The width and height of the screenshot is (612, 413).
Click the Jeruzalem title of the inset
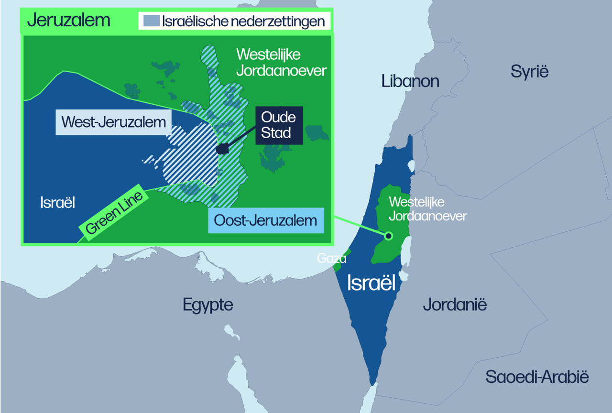[69, 21]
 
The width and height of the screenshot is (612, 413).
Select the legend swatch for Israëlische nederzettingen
[151, 21]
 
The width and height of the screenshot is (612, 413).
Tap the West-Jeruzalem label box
[113, 122]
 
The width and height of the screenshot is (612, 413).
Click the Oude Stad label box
[279, 125]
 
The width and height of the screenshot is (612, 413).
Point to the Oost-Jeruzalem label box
[266, 220]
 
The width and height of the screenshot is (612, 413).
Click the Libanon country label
[410, 81]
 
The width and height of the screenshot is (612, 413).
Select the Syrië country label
[529, 71]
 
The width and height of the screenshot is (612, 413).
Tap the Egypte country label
[208, 304]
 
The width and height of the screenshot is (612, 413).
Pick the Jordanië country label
[455, 304]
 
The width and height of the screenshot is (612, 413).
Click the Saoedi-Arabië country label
[537, 377]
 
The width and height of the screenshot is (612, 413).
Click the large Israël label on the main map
[372, 283]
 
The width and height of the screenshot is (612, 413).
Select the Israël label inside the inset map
[58, 203]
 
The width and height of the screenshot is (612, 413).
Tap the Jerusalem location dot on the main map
[388, 235]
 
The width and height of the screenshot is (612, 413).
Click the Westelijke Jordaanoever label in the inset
[282, 63]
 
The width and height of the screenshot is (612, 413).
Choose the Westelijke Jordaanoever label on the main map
[427, 209]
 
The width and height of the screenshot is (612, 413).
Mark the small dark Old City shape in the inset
[222, 149]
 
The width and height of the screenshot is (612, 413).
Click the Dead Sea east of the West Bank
[406, 251]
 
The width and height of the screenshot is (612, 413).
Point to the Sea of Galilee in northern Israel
[411, 166]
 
